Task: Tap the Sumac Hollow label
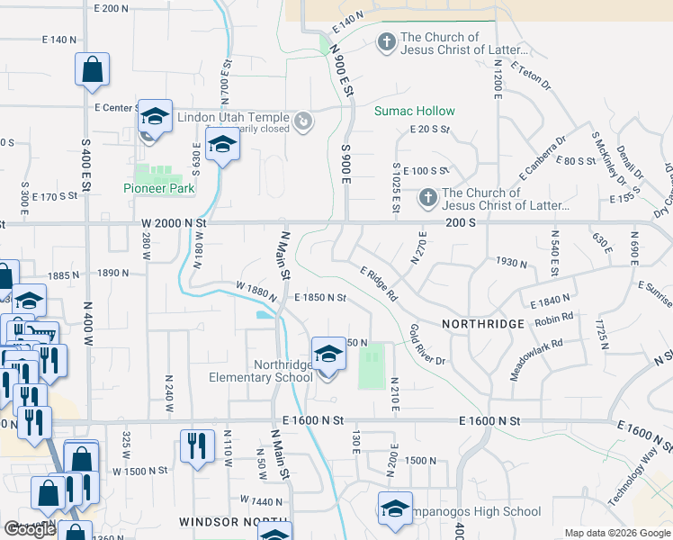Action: point(415,111)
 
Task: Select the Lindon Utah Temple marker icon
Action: point(304,119)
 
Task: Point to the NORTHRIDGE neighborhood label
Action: point(482,324)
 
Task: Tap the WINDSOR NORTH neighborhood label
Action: point(233,522)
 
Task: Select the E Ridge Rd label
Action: point(379,283)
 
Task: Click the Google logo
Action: point(30,528)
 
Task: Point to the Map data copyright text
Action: point(617,533)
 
